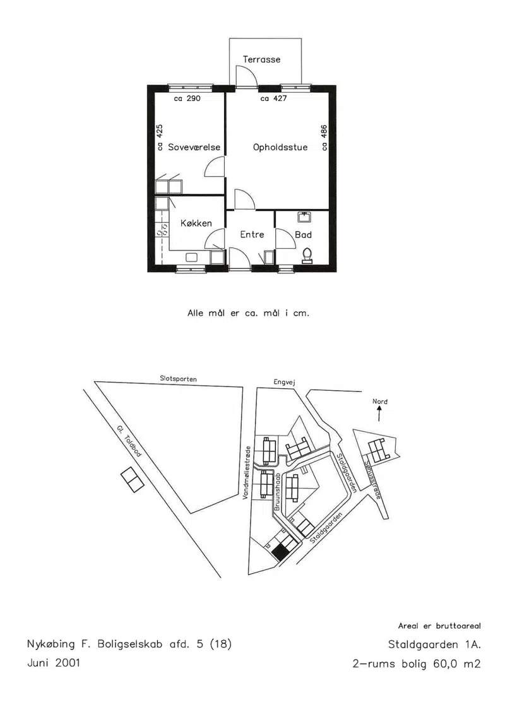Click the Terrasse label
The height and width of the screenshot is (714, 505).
261,59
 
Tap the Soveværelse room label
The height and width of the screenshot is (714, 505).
194,147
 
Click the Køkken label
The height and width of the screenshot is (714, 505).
196,223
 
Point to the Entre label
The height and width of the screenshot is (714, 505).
252,234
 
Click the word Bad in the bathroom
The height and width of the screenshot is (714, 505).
303,234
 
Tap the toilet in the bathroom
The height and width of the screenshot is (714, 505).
307,256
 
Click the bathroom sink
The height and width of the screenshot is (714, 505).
304,217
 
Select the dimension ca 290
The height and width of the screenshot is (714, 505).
187,98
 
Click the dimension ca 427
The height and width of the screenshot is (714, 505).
273,98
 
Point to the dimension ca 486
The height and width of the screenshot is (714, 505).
324,138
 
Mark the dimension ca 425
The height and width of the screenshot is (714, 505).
159,138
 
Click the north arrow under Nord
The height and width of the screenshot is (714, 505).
379,414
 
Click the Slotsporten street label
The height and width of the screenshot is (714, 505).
179,379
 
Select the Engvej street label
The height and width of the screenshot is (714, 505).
285,383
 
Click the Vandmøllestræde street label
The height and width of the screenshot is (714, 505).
247,473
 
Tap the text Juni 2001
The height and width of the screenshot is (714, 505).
54,662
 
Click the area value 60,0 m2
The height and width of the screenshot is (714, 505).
457,664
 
